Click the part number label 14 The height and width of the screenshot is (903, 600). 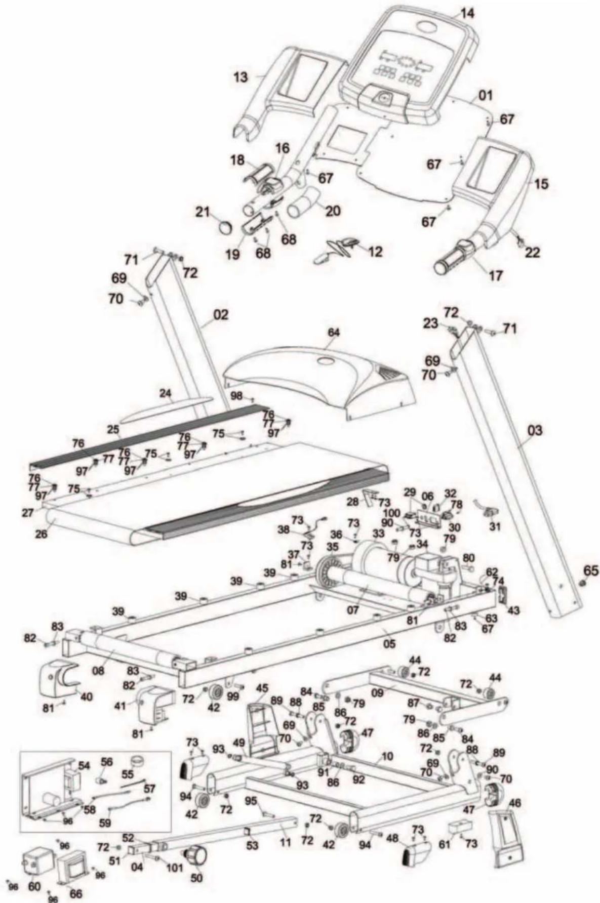467,14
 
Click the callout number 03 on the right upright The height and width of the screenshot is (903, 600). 535,431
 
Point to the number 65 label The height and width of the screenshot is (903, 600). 590,570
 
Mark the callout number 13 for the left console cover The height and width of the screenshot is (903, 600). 241,77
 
